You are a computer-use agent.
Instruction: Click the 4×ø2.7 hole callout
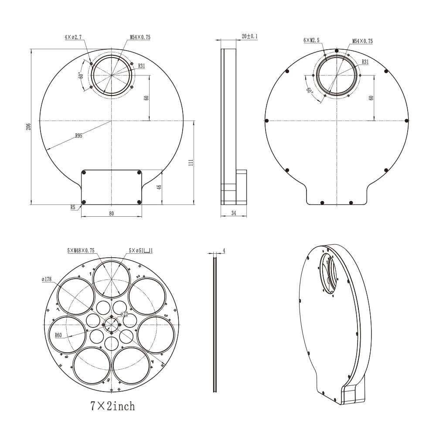point(73,37)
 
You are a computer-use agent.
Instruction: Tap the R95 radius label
point(78,136)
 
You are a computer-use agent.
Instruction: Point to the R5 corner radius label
point(73,208)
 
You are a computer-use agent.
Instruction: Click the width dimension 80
point(111,214)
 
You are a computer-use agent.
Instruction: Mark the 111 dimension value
point(191,162)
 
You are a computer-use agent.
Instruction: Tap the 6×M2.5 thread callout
point(312,41)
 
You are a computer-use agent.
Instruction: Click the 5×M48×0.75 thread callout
point(81,251)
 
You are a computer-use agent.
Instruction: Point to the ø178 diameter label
point(47,279)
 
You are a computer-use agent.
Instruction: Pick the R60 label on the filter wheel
point(59,335)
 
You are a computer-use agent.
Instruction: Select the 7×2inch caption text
point(112,406)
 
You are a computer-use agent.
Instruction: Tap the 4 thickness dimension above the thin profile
point(224,251)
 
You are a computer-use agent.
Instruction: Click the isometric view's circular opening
point(329,275)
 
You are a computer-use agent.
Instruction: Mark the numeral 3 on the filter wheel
point(166,316)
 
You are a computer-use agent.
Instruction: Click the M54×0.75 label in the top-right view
point(362,41)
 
